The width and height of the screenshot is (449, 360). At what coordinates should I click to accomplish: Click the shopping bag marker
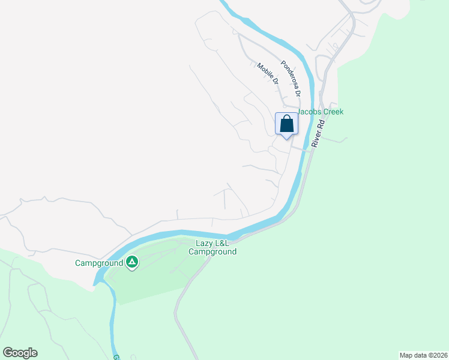click(x=287, y=125)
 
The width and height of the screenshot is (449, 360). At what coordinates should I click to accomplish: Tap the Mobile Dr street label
click(x=268, y=73)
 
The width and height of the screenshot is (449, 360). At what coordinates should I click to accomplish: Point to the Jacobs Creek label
click(x=321, y=112)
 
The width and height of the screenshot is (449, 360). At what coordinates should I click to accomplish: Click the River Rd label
click(x=317, y=133)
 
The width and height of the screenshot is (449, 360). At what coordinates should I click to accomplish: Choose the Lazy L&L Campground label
click(x=212, y=247)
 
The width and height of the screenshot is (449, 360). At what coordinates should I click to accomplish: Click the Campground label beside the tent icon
click(x=99, y=263)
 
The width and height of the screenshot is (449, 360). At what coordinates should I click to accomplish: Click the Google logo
click(x=20, y=353)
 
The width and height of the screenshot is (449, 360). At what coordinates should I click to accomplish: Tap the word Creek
click(x=333, y=112)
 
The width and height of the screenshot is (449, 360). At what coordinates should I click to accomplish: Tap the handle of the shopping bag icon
click(x=287, y=119)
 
